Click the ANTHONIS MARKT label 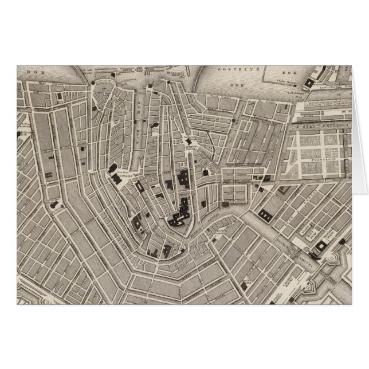click(x=189, y=146)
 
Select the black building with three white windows click(x=266, y=214)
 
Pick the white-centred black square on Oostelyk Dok click(x=310, y=84)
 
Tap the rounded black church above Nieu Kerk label click(x=111, y=169)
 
